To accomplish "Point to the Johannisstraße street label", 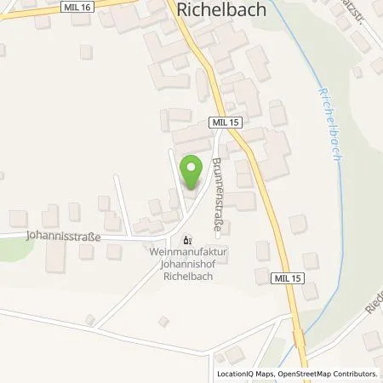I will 61,239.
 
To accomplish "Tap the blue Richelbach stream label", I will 329,111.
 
